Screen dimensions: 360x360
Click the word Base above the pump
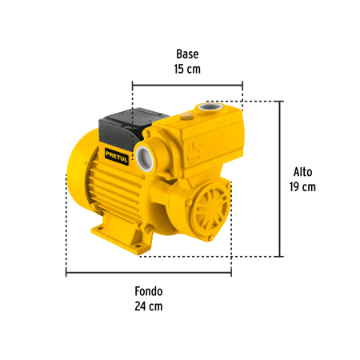[x=187, y=54]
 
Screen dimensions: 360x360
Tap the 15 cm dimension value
[x=187, y=69]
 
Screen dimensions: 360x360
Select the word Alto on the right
[x=302, y=172]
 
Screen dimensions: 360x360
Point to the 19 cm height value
[x=302, y=186]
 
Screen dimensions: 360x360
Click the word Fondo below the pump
[x=149, y=291]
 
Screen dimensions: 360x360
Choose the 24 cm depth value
[x=149, y=306]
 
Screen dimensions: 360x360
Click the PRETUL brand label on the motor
[x=117, y=157]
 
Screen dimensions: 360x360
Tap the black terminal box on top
[x=130, y=128]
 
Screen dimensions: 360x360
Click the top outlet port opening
[x=210, y=107]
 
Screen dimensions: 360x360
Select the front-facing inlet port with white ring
[x=145, y=158]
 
